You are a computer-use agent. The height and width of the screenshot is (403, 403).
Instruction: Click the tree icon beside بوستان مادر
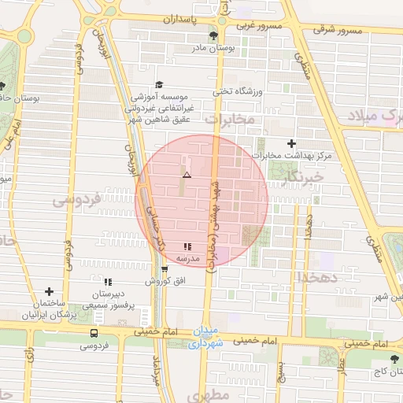point(213,36)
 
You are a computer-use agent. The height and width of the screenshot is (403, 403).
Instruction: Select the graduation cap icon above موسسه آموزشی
point(159,84)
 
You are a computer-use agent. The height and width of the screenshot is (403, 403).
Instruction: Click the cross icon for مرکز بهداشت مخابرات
point(293,143)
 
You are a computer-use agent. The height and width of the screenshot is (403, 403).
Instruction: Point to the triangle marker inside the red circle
point(187,174)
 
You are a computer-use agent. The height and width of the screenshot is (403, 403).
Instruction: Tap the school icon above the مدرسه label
point(187,246)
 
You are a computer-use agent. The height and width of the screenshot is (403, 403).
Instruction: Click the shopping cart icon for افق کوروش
point(165,269)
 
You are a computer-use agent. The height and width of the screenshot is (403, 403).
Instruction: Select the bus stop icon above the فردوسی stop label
point(94,332)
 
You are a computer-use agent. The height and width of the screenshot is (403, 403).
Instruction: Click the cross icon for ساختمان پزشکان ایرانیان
point(49,291)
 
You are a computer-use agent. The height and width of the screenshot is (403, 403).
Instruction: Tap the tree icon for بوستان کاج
point(394,359)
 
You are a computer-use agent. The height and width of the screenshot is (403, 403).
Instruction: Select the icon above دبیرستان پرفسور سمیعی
point(108,281)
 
